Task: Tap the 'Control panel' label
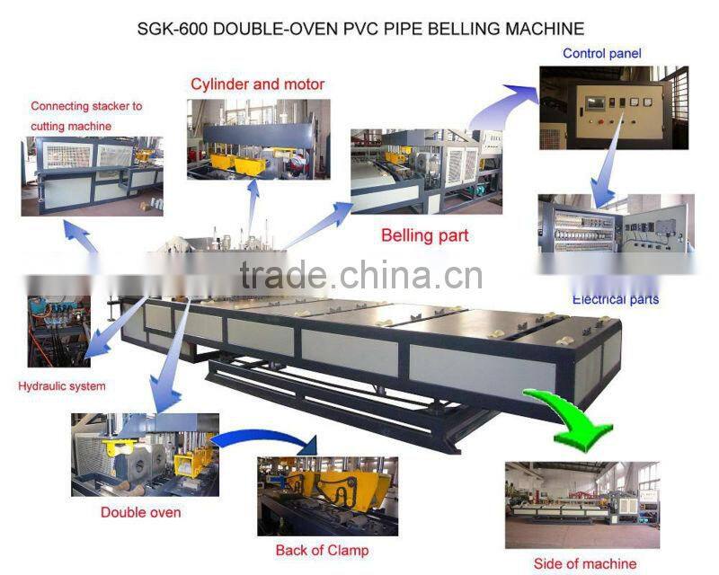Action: tap(602, 54)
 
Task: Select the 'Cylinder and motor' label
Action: tap(257, 84)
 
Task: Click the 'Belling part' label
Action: tap(425, 236)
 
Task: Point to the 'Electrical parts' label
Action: tap(616, 298)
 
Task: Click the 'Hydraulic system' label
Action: tap(62, 386)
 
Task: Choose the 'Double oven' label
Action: tap(140, 512)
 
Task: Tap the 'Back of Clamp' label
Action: tap(322, 550)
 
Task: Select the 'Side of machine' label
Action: tap(584, 563)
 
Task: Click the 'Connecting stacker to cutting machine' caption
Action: tap(86, 116)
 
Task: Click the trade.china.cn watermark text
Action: tap(360, 275)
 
